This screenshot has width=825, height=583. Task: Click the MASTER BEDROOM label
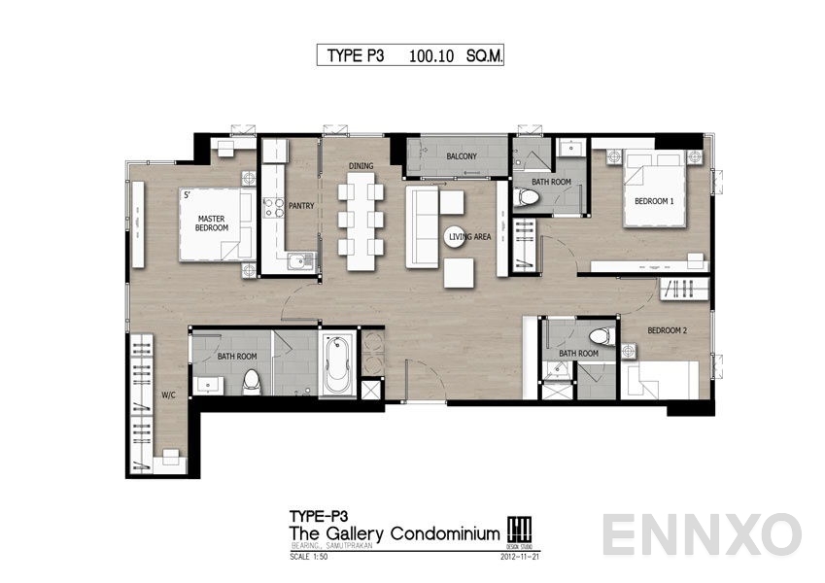[x=212, y=223]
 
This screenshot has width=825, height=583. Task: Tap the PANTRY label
[x=300, y=206]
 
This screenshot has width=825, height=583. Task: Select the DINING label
[x=361, y=166]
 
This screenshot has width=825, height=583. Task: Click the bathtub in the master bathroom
[x=337, y=364]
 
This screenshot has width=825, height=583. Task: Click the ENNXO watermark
[x=701, y=535]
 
